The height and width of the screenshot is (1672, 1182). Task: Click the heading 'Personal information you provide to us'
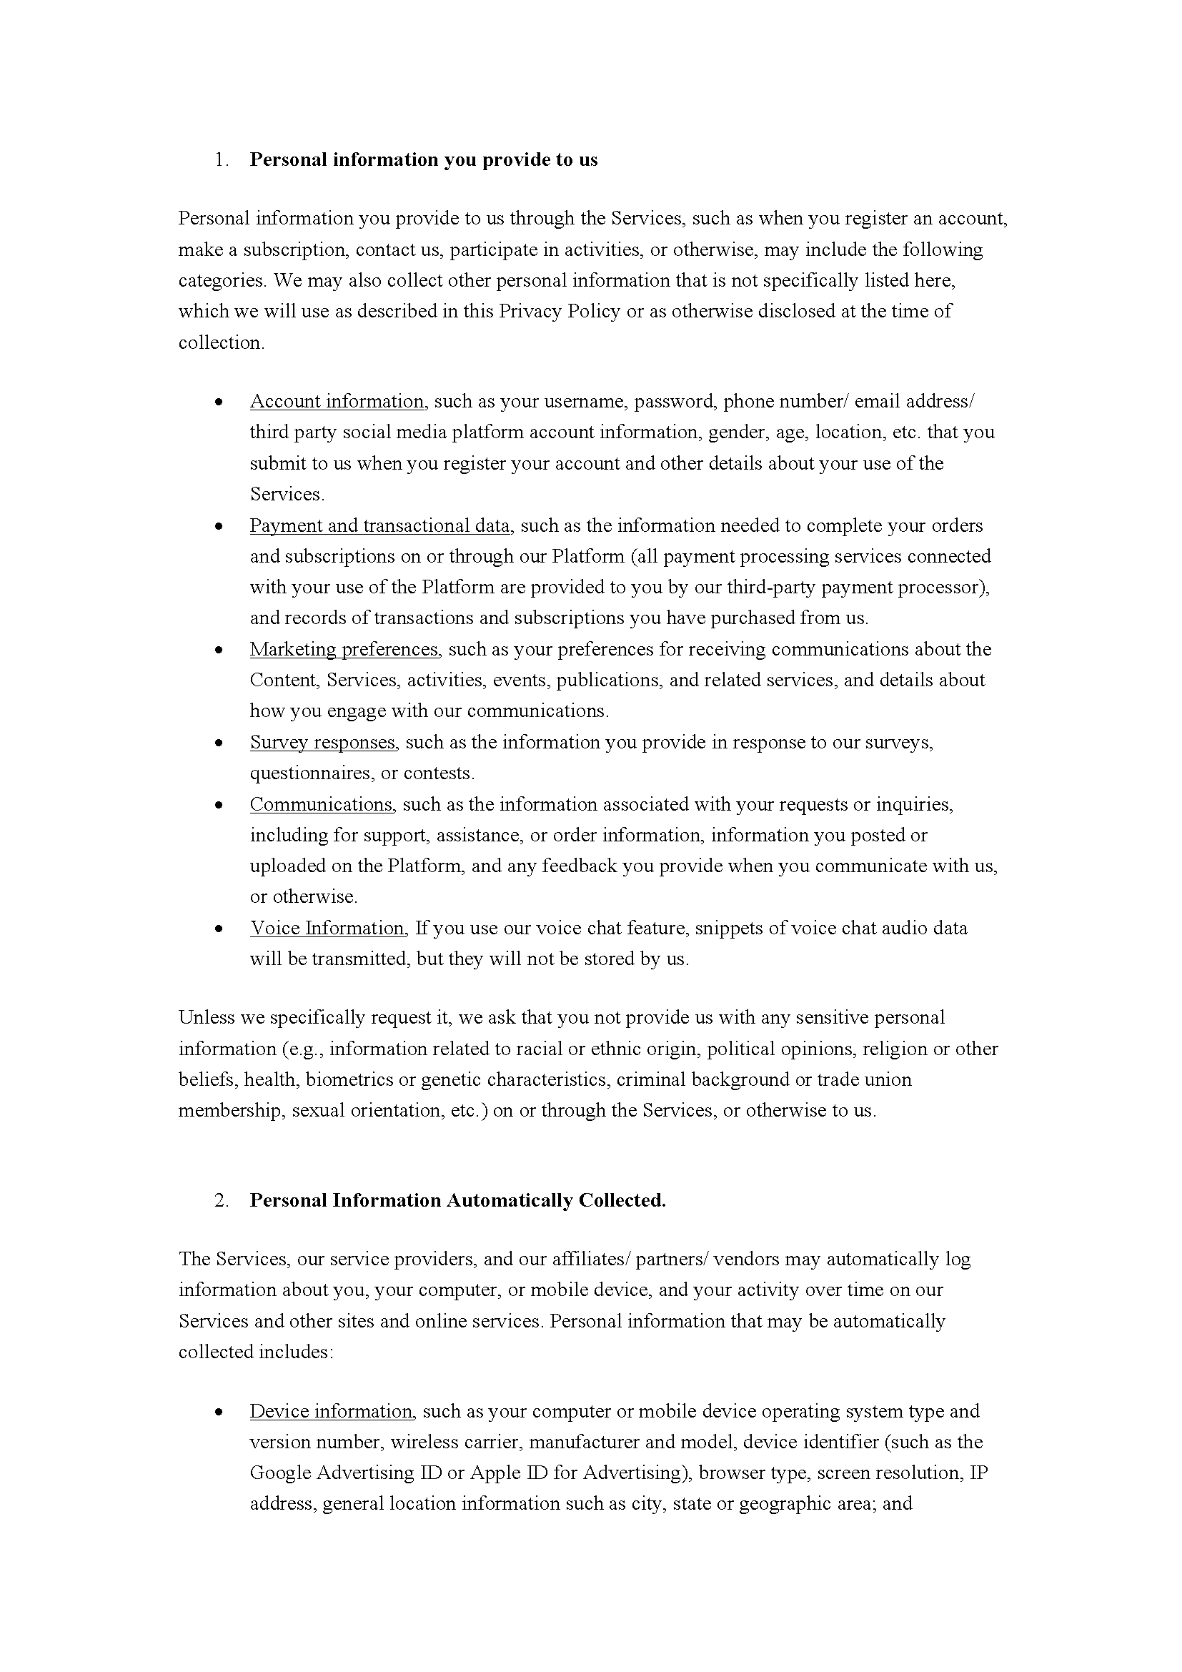424,160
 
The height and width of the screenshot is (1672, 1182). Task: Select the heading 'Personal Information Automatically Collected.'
458,1201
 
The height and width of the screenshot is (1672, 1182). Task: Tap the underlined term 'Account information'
337,401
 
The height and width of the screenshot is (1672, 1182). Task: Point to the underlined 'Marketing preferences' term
345,650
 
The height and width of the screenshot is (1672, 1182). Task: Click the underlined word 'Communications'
322,805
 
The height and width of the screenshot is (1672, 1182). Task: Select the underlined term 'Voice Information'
327,929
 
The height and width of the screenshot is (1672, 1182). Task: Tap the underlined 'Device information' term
332,1411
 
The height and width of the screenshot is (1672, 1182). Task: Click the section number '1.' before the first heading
222,160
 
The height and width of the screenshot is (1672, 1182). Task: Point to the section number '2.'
222,1201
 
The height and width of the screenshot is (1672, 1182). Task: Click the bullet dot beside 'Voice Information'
219,929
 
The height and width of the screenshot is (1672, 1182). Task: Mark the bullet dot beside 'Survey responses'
219,743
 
